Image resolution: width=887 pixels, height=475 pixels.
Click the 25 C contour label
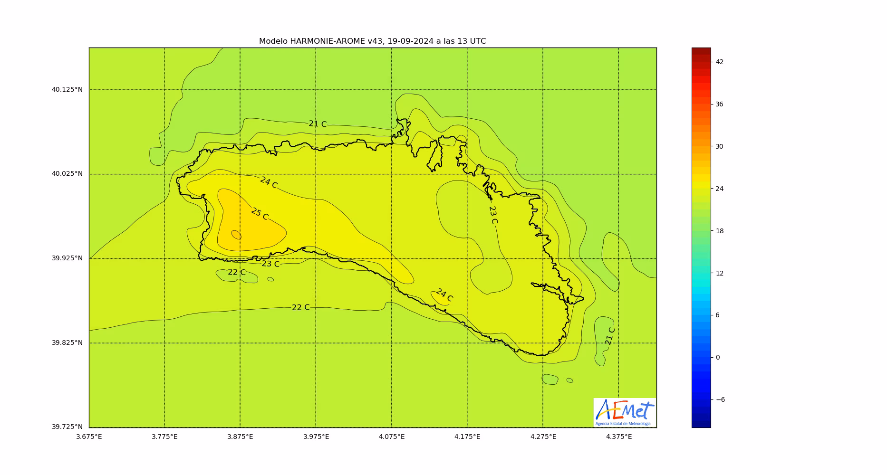[x=260, y=214]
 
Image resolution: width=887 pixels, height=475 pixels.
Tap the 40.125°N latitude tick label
[x=67, y=89]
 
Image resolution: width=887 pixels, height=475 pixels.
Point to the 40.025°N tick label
[x=67, y=174]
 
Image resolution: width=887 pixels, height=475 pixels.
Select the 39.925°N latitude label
[x=67, y=258]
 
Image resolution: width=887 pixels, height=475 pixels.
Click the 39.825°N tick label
[x=67, y=343]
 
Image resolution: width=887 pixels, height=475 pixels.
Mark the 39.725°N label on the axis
[x=67, y=427]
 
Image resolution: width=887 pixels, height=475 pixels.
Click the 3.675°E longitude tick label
[x=89, y=437]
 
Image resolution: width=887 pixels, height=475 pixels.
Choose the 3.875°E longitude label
[x=240, y=437]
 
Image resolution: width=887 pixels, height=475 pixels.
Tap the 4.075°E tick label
[x=392, y=437]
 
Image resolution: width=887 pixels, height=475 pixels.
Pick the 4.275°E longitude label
[x=543, y=437]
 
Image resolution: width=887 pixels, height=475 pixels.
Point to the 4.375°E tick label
[x=618, y=437]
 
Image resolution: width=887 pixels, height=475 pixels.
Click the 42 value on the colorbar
[x=720, y=62]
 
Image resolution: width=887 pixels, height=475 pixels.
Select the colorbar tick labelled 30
[x=719, y=147]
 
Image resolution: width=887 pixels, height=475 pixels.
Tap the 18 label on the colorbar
[x=720, y=231]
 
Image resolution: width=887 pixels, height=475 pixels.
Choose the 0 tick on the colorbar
[x=718, y=358]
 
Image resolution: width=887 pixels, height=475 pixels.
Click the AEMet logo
[x=625, y=412]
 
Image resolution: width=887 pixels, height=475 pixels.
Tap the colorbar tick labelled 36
[x=719, y=104]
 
